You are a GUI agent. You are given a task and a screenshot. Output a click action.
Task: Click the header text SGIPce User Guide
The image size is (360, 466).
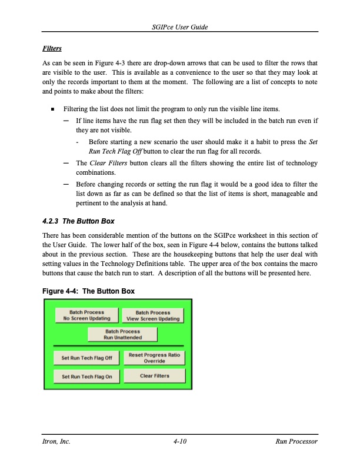(179, 28)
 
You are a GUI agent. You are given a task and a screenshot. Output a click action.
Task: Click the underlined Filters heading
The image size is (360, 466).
(52, 48)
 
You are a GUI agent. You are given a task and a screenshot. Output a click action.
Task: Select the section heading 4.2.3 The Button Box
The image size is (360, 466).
(79, 221)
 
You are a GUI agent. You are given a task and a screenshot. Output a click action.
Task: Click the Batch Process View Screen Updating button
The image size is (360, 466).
(153, 316)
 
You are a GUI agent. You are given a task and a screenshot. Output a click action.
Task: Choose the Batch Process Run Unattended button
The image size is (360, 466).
(122, 335)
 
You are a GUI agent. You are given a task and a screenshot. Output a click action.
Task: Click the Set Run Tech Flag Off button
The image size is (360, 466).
(86, 358)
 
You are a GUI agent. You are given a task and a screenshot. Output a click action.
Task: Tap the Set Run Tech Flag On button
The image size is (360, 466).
(86, 377)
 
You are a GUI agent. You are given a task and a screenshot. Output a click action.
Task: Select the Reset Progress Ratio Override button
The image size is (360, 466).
(154, 358)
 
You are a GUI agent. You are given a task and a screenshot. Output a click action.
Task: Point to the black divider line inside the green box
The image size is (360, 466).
(118, 346)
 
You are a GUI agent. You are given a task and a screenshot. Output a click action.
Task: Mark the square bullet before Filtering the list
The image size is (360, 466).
(52, 109)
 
